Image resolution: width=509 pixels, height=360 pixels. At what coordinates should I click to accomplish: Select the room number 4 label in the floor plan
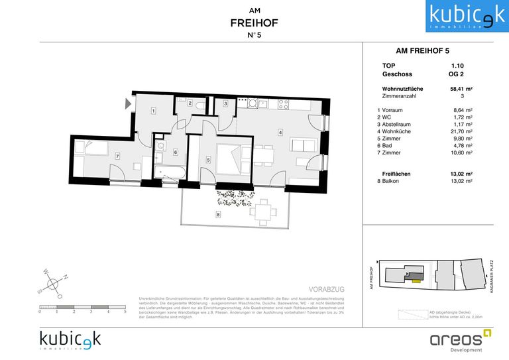pos(280,132)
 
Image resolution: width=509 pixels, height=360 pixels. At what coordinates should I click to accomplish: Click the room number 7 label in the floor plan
pos(117,156)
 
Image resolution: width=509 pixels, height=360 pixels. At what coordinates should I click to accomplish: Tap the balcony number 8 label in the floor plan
pos(218,213)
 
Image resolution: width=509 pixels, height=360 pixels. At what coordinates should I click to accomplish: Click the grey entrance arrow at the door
pos(128,103)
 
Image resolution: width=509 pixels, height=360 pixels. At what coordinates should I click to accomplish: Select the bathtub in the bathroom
pos(170,173)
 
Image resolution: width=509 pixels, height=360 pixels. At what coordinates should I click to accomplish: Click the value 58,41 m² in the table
pos(461,88)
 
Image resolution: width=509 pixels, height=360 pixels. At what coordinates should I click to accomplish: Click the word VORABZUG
pos(327,289)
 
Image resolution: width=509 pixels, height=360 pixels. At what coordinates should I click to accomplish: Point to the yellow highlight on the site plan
pos(415,280)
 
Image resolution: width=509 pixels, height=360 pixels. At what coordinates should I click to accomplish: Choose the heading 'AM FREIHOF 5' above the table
pos(422,50)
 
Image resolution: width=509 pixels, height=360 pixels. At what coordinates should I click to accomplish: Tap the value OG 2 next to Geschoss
pos(457,75)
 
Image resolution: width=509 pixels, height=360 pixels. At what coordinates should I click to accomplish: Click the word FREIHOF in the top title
pos(254,23)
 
